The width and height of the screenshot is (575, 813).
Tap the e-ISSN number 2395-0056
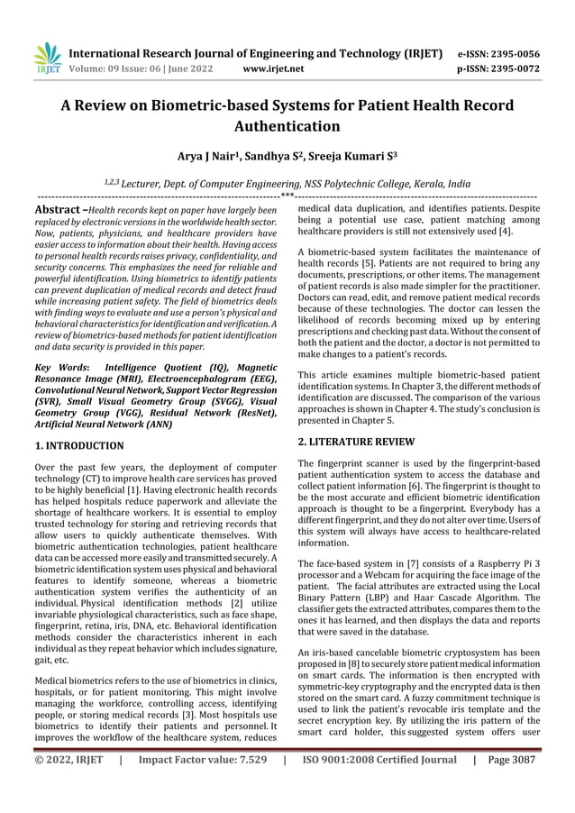[508, 53]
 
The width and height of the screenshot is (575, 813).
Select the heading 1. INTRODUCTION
[78, 445]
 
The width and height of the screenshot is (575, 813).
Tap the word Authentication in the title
[287, 125]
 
